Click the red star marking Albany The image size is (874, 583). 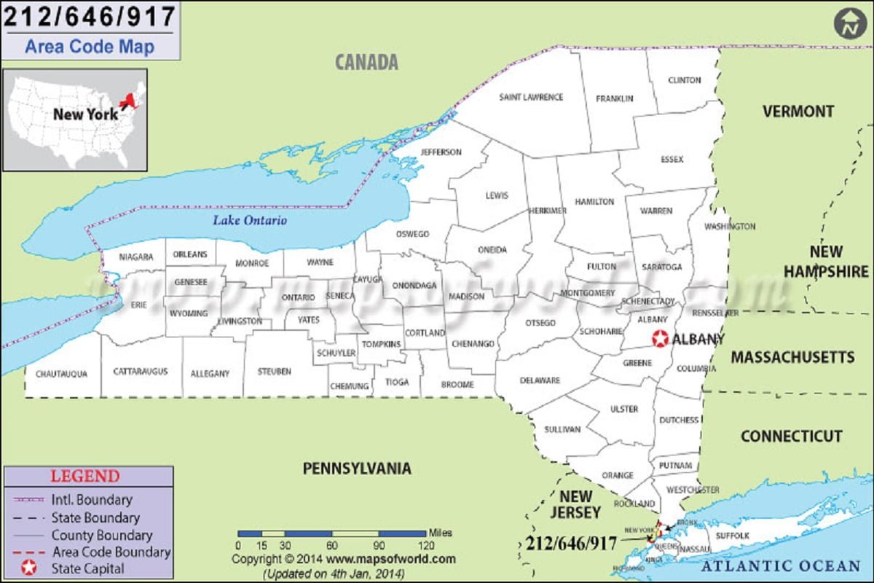(x=660, y=339)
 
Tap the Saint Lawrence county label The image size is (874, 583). (x=531, y=97)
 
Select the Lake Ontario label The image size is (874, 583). (x=250, y=220)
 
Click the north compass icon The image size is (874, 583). (x=849, y=25)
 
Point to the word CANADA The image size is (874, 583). (x=366, y=63)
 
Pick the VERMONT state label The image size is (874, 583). (x=798, y=111)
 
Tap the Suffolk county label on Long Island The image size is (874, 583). (x=732, y=536)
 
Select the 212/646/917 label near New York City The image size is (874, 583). (x=570, y=543)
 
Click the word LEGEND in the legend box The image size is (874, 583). (x=85, y=477)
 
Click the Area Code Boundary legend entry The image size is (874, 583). (x=109, y=552)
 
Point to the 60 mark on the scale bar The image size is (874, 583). (x=331, y=545)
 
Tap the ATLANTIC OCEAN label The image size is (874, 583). (x=780, y=566)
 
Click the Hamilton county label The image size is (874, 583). (x=594, y=202)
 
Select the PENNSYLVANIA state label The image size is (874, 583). (x=356, y=469)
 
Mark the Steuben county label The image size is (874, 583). (x=274, y=372)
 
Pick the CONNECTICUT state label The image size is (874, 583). (x=791, y=437)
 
